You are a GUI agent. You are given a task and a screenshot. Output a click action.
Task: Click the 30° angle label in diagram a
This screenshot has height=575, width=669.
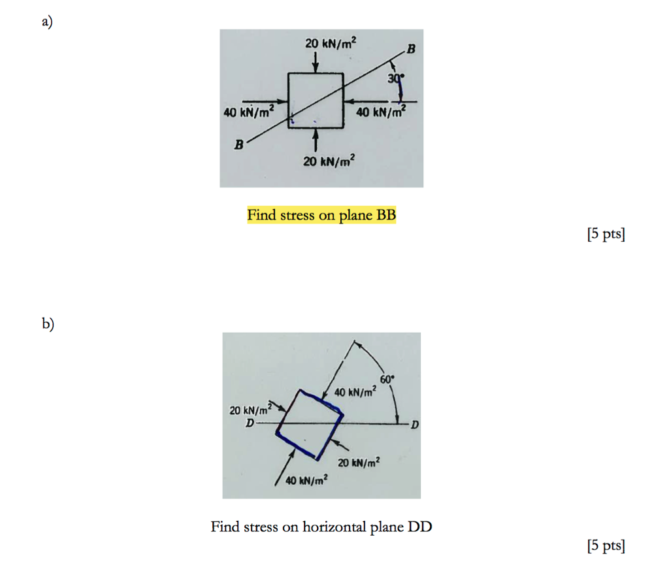point(395,78)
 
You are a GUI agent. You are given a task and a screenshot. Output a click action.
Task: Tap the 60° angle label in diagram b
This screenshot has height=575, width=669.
point(387,379)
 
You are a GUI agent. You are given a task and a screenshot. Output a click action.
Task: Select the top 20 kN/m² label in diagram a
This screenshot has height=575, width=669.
point(331,43)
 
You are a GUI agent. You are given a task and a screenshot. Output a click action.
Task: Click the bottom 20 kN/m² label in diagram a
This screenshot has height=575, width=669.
point(329,161)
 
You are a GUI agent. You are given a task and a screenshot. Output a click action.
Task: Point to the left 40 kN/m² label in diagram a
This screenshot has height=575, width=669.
point(249,112)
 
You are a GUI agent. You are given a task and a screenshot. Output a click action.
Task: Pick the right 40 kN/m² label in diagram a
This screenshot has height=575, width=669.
point(381,112)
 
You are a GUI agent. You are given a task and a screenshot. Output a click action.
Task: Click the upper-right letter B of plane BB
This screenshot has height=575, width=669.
point(411,49)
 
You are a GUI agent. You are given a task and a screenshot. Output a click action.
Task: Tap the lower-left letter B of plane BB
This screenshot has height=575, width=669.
point(239,145)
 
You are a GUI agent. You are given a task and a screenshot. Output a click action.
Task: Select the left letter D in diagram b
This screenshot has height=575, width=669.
point(250,423)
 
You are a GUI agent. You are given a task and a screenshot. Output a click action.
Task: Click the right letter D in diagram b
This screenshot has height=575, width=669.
point(415,425)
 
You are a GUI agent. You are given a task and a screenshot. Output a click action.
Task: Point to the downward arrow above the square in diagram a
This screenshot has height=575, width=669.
point(316,62)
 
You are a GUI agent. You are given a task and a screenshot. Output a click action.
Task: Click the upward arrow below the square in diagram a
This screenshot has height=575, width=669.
point(316,140)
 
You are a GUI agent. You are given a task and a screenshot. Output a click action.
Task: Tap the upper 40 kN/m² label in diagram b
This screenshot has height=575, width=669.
point(355,391)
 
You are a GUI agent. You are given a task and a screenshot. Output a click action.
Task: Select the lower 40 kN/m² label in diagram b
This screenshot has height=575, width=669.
point(307,480)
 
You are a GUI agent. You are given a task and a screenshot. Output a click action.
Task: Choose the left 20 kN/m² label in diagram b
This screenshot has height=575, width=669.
point(251,410)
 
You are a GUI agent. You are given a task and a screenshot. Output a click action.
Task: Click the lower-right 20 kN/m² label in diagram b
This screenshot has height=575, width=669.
point(359,463)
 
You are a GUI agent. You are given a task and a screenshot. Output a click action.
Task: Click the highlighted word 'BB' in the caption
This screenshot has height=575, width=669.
point(385,215)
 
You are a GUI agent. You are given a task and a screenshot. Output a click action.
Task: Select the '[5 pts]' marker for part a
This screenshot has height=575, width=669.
point(606,234)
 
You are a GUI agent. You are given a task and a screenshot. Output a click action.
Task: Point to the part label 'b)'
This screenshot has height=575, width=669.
point(48,323)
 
